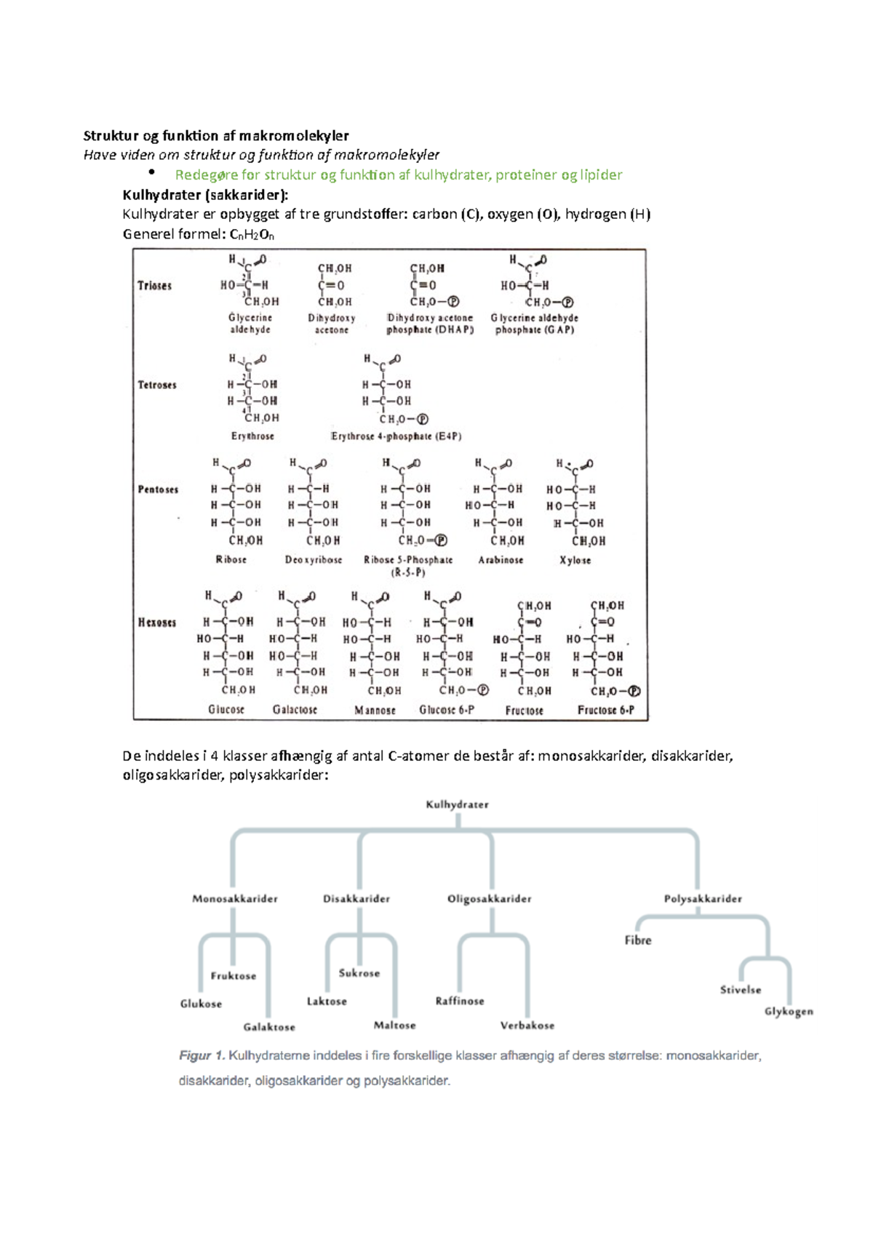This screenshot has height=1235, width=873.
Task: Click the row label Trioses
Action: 154,286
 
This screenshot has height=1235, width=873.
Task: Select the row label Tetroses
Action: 157,385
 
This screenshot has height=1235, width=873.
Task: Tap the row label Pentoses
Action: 158,489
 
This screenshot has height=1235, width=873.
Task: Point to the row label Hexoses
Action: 157,623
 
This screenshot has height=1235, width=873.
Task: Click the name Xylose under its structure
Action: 575,560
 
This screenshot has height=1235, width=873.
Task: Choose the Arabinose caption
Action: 501,560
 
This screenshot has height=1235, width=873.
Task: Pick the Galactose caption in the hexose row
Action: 295,709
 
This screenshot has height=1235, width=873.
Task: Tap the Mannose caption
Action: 375,710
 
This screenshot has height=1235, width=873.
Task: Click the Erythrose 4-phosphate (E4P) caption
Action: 396,436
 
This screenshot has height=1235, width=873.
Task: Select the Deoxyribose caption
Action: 314,560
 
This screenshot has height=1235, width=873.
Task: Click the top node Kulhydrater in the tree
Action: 457,804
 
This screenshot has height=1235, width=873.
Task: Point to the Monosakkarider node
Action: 235,899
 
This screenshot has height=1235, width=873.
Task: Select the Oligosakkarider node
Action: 490,899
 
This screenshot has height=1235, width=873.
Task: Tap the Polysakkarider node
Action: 703,899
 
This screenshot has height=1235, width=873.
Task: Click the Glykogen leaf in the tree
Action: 789,1012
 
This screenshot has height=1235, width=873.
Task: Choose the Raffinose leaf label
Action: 460,1001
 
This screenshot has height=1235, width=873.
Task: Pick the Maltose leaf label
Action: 395,1025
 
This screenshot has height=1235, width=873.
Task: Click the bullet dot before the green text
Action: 152,172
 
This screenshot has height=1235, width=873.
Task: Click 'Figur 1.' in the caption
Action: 201,1055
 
